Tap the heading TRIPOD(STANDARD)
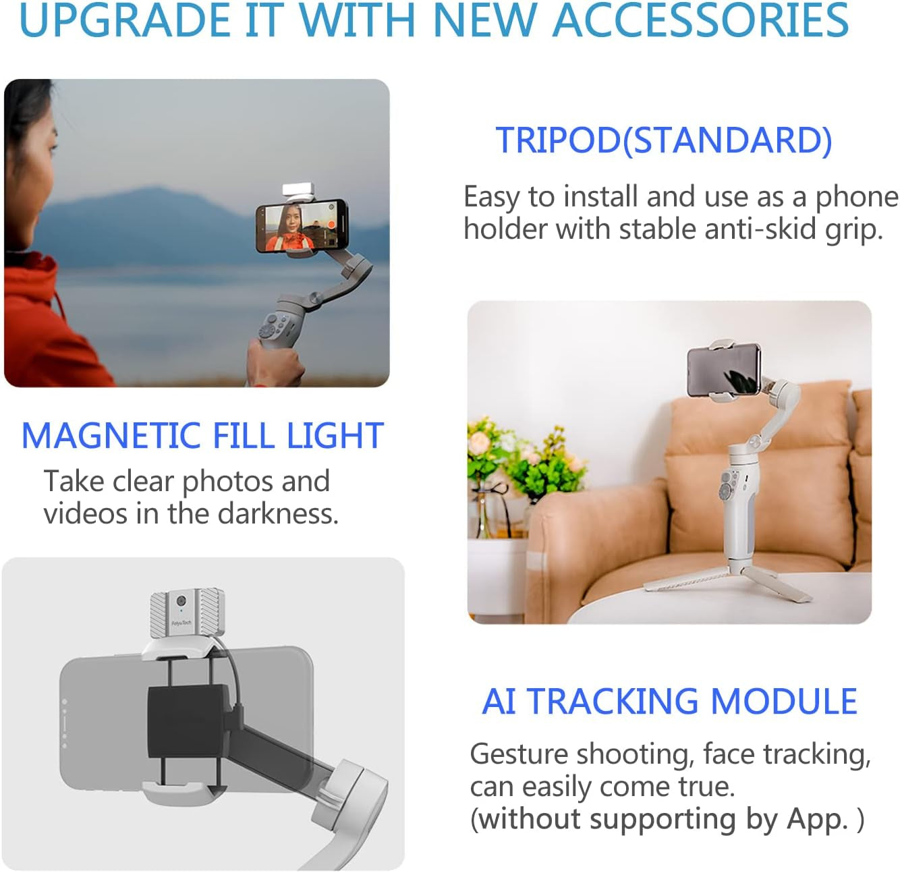click(x=664, y=140)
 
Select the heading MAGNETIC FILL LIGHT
click(x=202, y=436)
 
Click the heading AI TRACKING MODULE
click(x=669, y=702)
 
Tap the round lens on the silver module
click(x=181, y=601)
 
